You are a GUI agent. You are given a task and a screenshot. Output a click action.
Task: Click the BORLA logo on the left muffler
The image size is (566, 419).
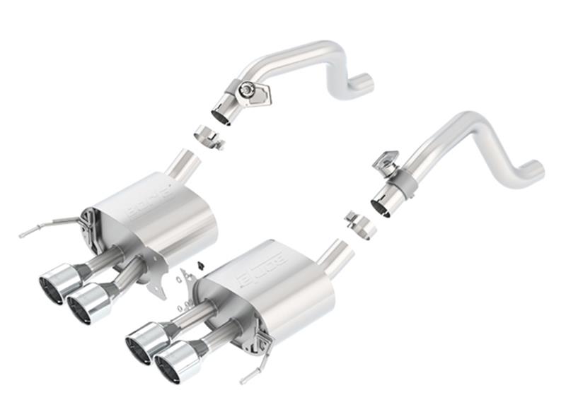click(x=149, y=201)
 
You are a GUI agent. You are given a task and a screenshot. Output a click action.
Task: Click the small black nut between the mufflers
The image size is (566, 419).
click(x=198, y=265)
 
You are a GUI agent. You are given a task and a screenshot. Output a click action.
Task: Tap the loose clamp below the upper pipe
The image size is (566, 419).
click(x=208, y=136)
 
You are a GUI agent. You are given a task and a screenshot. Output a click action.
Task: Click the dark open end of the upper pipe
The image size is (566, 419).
click(x=221, y=116)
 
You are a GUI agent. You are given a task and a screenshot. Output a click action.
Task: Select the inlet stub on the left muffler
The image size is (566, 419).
click(x=185, y=165)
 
